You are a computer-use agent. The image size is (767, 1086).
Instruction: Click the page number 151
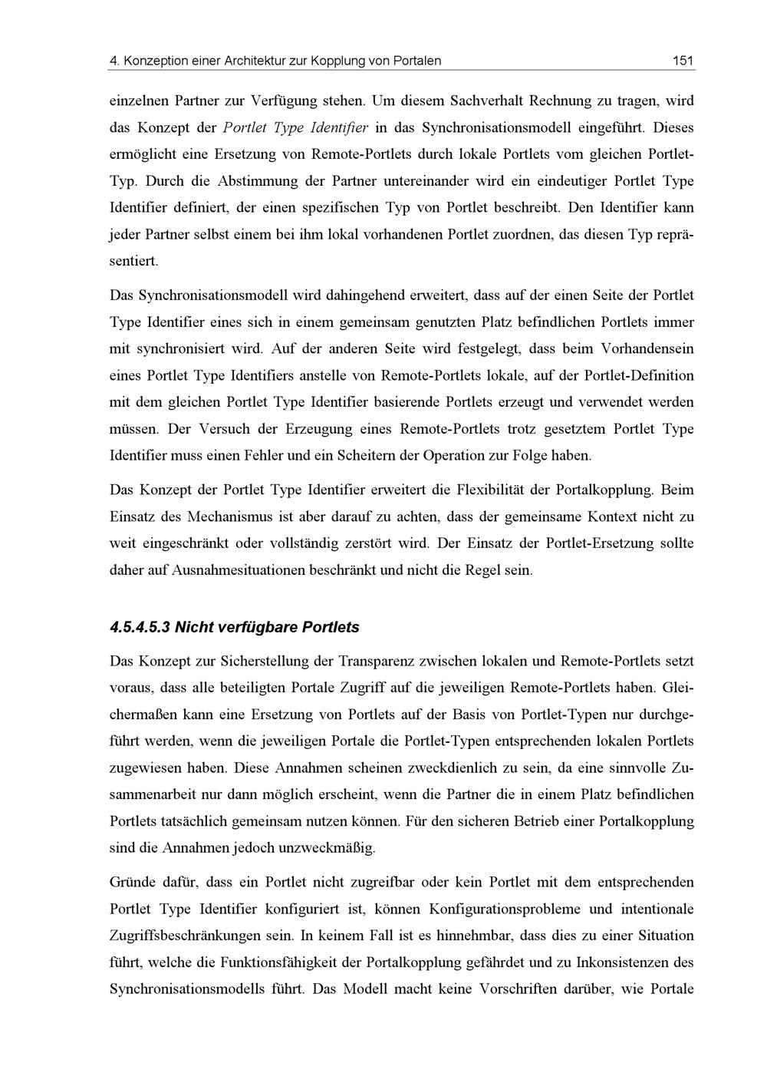point(683,61)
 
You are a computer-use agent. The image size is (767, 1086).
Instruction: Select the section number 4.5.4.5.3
point(140,627)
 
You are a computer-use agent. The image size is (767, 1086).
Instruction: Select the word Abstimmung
point(257,181)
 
